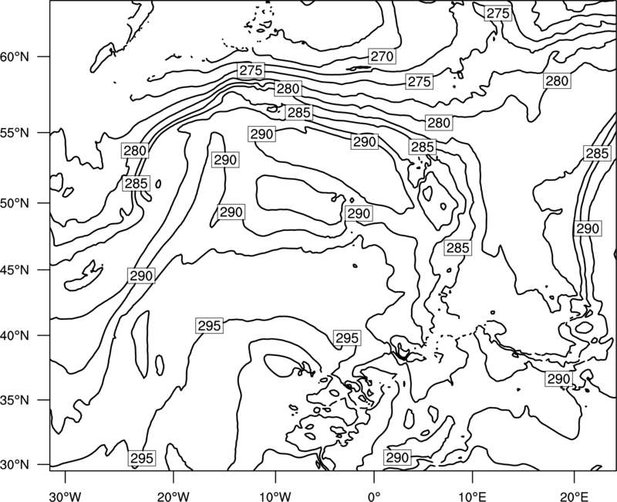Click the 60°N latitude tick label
point(15,57)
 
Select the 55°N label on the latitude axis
point(15,133)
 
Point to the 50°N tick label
point(15,203)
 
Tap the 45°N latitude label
point(15,270)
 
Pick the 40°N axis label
point(15,335)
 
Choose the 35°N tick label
point(15,400)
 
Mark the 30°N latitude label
point(15,465)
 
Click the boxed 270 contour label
point(382,56)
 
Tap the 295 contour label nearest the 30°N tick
point(141,458)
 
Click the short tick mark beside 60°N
point(43,56)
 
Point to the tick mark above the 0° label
point(374,477)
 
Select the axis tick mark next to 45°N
point(43,270)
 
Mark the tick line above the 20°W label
point(174,477)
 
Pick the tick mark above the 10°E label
point(472,477)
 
